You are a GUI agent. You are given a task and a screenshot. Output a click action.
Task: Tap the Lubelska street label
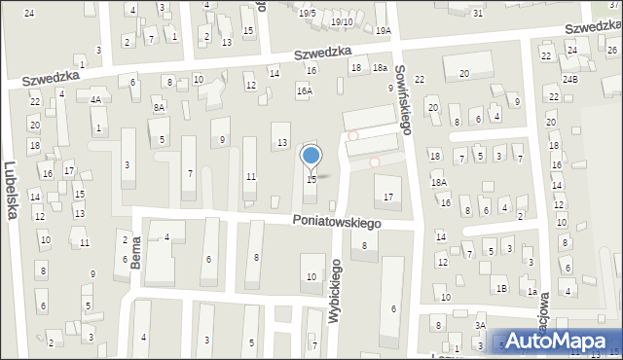point(12,190)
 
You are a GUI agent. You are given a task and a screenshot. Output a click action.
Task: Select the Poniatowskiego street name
point(337,222)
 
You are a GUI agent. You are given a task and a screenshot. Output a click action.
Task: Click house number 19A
point(384,31)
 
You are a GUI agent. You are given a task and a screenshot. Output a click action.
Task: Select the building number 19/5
point(308,13)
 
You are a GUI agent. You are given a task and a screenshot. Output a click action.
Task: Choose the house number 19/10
point(342,21)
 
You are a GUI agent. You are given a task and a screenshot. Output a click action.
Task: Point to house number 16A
point(305,90)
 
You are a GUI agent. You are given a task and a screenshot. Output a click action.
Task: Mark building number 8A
point(159,106)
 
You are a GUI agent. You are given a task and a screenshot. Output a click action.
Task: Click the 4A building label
point(95,99)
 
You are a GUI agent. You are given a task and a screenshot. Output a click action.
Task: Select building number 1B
point(500,288)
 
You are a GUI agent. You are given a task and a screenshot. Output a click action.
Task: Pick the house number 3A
point(480,325)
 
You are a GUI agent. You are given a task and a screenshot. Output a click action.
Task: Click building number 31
point(477,13)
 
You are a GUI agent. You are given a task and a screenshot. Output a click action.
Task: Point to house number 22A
point(547,56)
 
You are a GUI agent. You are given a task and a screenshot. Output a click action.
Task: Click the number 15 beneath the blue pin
point(311,179)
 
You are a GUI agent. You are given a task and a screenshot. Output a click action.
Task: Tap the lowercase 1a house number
point(531,291)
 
